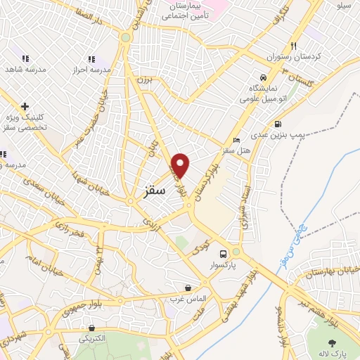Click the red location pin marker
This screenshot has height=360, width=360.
point(181,165)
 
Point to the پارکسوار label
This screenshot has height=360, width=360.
point(224,266)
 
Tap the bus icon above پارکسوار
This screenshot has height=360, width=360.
point(224,254)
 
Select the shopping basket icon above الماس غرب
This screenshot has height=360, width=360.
point(188,287)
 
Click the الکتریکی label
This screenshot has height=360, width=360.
point(92,338)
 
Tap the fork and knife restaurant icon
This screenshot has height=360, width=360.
point(294,42)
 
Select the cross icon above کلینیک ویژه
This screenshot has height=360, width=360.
point(25,107)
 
